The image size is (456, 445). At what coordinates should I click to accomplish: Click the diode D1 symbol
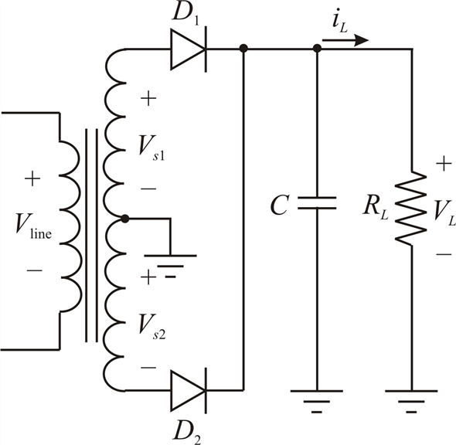(x=189, y=49)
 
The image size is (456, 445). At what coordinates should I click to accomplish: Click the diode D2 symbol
(x=189, y=391)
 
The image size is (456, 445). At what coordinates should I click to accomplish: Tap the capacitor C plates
(x=317, y=203)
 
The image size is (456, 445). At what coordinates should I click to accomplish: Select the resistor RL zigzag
(x=411, y=208)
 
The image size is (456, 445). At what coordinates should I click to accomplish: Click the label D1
(x=185, y=13)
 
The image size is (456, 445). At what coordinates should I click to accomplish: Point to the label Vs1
(x=151, y=148)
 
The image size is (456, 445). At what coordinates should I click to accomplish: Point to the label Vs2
(x=151, y=326)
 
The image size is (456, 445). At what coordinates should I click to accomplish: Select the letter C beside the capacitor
(x=280, y=205)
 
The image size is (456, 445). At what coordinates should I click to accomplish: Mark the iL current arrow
(x=345, y=40)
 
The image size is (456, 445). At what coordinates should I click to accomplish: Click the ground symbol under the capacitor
(x=317, y=402)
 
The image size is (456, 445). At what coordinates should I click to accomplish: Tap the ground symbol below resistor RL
(x=411, y=402)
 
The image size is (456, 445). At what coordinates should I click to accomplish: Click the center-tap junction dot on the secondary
(x=125, y=219)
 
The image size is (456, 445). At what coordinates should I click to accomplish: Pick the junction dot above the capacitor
(x=317, y=48)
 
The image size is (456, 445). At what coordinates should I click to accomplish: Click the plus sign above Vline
(x=32, y=178)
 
